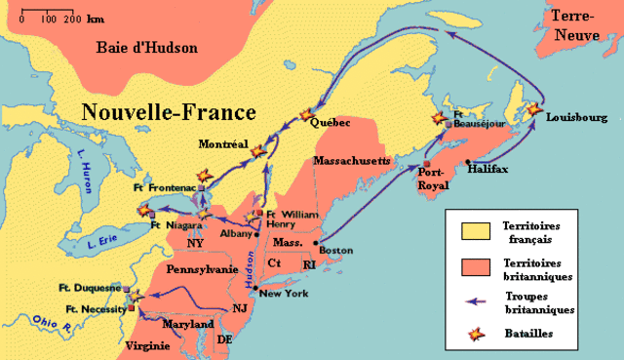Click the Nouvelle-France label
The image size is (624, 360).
(168, 110)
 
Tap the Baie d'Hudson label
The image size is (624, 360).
(146, 47)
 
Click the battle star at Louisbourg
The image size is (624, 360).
(533, 111)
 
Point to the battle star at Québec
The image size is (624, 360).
(310, 113)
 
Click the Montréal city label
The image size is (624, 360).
(223, 142)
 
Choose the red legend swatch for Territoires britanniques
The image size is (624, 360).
(468, 267)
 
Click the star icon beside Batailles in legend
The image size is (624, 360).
(468, 334)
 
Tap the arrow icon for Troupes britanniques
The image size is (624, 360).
(468, 301)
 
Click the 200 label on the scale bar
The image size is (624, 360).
(71, 19)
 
